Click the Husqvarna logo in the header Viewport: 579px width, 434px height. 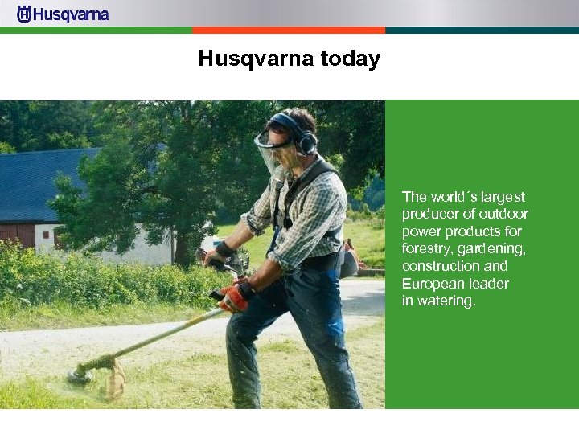coord(63,14)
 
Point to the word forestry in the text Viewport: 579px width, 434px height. coord(427,248)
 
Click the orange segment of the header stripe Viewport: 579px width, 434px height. coord(289,30)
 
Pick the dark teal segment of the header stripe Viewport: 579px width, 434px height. coord(482,30)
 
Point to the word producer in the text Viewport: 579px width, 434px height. coord(430,214)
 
